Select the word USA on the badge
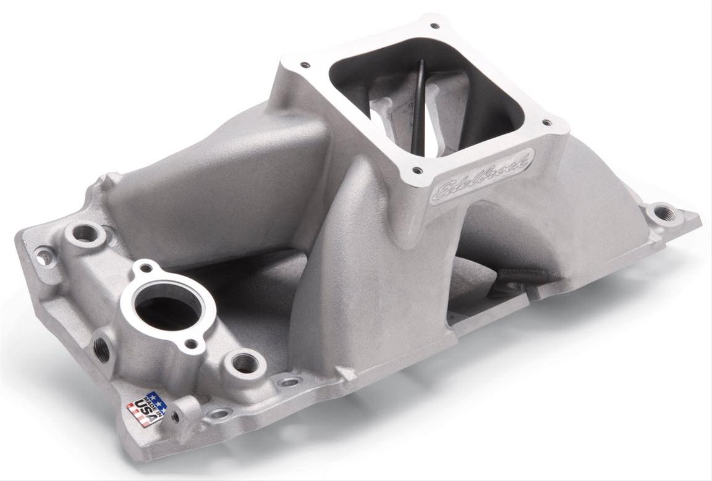pyautogui.click(x=140, y=410)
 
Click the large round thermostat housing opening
pyautogui.click(x=166, y=304)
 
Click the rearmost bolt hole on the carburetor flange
pyautogui.click(x=433, y=26)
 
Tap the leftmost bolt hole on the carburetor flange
pyautogui.click(x=304, y=64)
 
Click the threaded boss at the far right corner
pyautogui.click(x=665, y=214)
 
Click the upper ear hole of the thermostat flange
pyautogui.click(x=146, y=268)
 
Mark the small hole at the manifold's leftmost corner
pyautogui.click(x=41, y=253)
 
